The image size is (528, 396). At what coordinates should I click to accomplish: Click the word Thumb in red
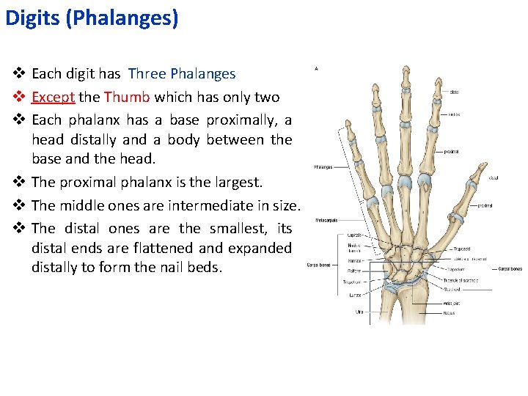click(127, 98)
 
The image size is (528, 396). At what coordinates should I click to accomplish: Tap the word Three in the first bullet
click(147, 73)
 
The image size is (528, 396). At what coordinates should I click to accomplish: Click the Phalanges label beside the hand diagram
click(323, 167)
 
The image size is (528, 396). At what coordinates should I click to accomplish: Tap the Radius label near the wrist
click(448, 313)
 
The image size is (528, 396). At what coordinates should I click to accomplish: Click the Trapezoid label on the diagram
click(461, 249)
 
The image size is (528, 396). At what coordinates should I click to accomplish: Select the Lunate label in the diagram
click(354, 295)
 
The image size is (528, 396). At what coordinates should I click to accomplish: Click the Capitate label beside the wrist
click(354, 235)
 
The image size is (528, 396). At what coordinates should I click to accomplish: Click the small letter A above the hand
click(316, 68)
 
